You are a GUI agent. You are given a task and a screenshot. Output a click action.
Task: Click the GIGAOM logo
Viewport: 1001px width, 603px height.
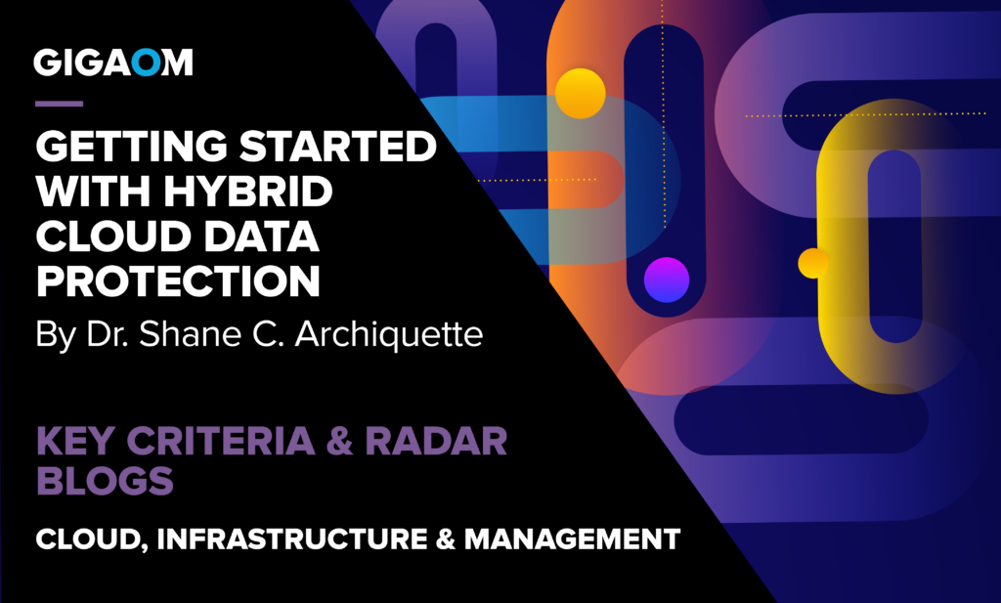point(113,64)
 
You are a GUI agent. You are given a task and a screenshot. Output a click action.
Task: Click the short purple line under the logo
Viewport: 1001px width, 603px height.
point(59,103)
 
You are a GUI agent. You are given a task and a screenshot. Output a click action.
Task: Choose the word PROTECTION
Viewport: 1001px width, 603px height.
point(178,281)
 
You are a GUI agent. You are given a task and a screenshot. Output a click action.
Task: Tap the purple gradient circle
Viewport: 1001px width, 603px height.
point(666,279)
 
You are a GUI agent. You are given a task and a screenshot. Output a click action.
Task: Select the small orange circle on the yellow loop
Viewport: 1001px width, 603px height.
point(813,262)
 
